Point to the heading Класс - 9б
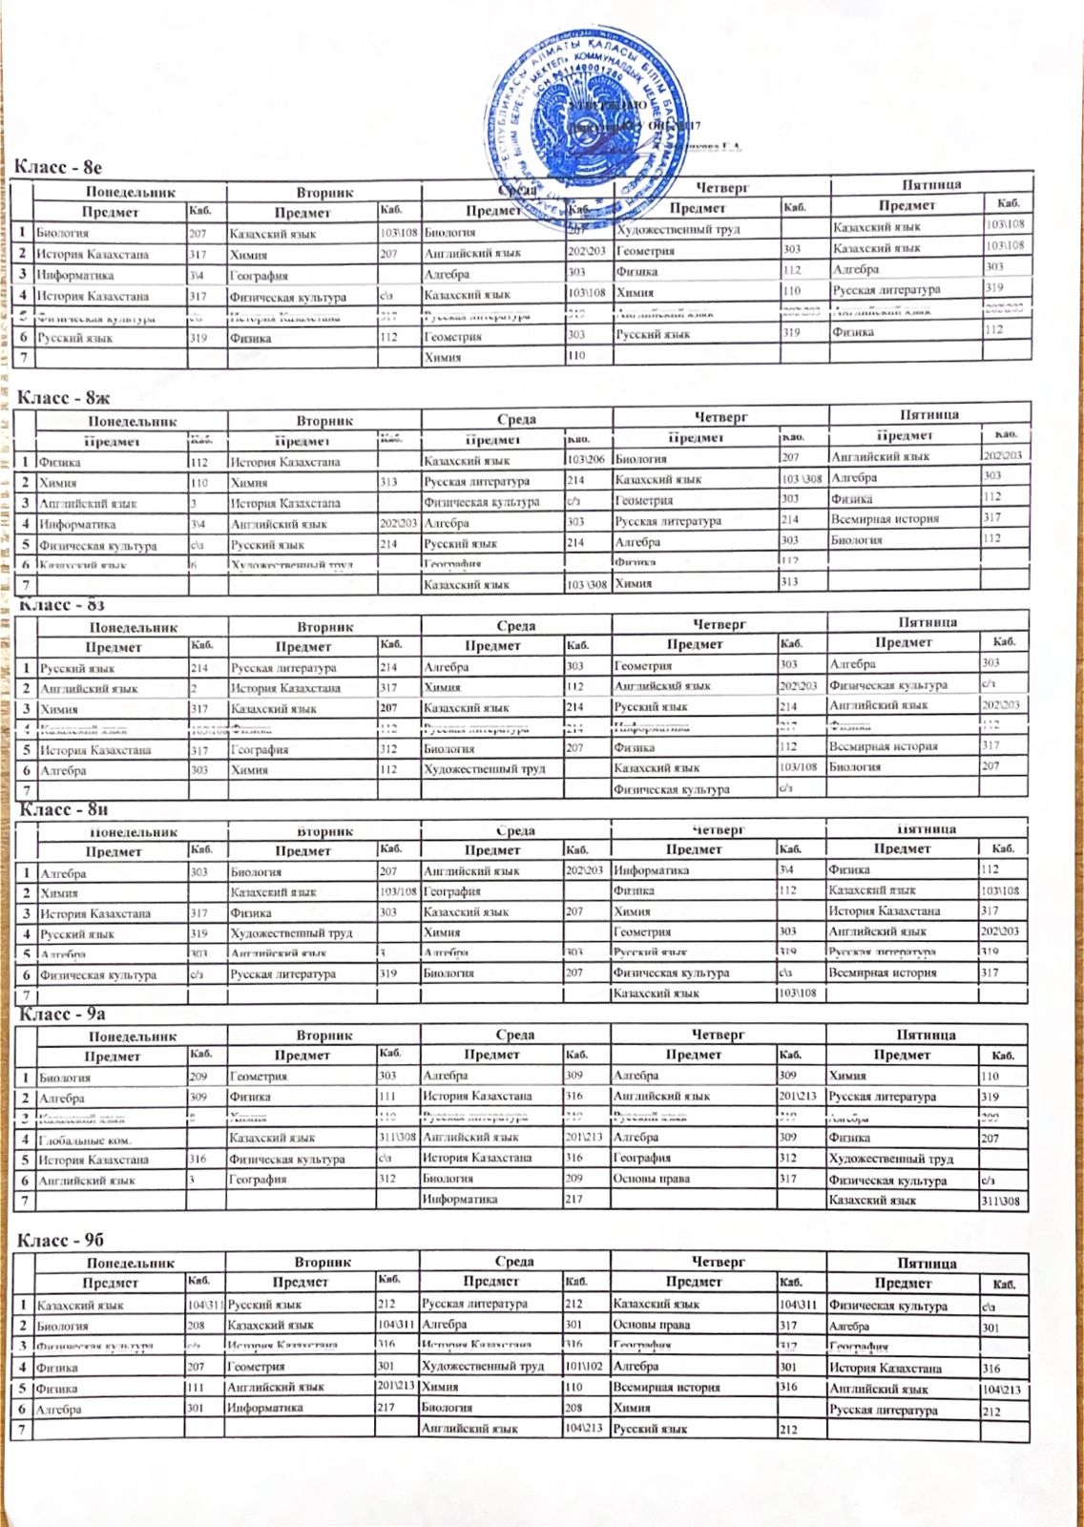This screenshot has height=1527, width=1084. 60,1240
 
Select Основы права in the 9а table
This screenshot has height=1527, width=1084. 653,1179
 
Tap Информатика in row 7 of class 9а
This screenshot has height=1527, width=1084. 459,1200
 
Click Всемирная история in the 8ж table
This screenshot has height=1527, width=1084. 885,518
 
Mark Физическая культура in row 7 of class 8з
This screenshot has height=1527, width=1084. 672,789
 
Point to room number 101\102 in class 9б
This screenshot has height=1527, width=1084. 584,1367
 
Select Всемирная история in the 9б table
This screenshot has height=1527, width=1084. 666,1388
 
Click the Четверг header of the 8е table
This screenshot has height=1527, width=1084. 720,187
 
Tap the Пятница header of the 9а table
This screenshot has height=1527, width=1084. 927,1035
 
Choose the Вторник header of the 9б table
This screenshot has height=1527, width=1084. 323,1263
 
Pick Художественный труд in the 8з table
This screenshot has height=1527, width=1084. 482,768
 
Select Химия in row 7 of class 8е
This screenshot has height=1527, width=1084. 443,357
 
